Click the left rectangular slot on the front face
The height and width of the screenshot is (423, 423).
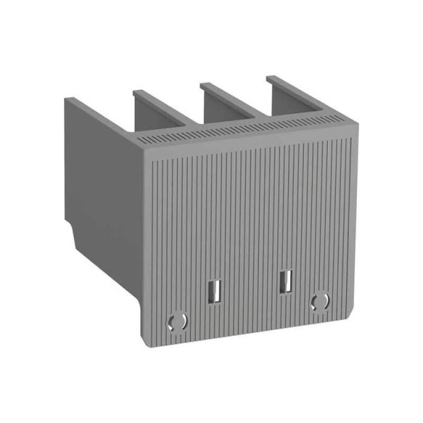click(213, 290)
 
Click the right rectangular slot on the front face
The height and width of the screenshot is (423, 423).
click(286, 280)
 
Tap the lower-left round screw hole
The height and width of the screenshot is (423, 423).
click(176, 321)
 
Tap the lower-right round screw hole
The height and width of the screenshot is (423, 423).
click(320, 301)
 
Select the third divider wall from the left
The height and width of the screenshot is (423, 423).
click(231, 99)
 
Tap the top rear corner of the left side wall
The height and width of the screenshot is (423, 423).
click(66, 99)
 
